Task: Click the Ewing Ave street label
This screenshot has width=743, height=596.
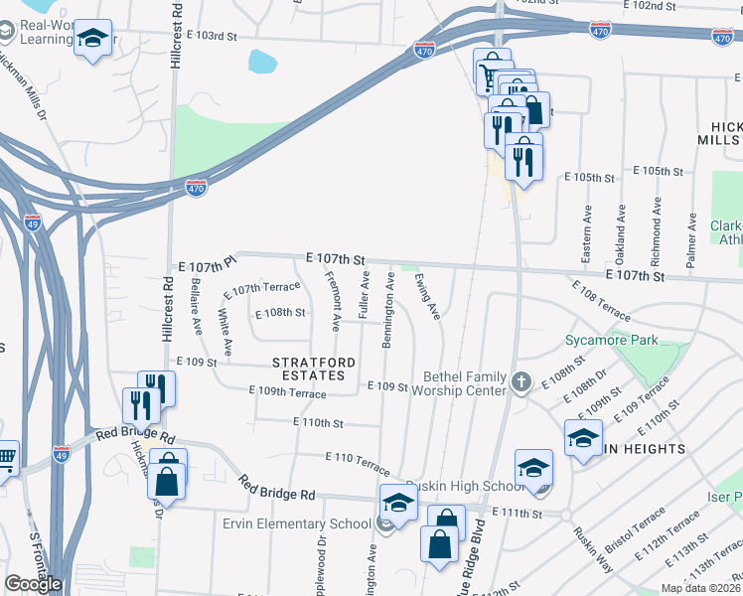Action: coord(428,297)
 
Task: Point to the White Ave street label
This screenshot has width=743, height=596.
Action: coord(225,333)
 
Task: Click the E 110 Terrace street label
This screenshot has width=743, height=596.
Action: coord(358,462)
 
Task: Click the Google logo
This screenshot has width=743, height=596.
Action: coord(33,584)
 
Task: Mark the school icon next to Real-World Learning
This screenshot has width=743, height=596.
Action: coord(93,40)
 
